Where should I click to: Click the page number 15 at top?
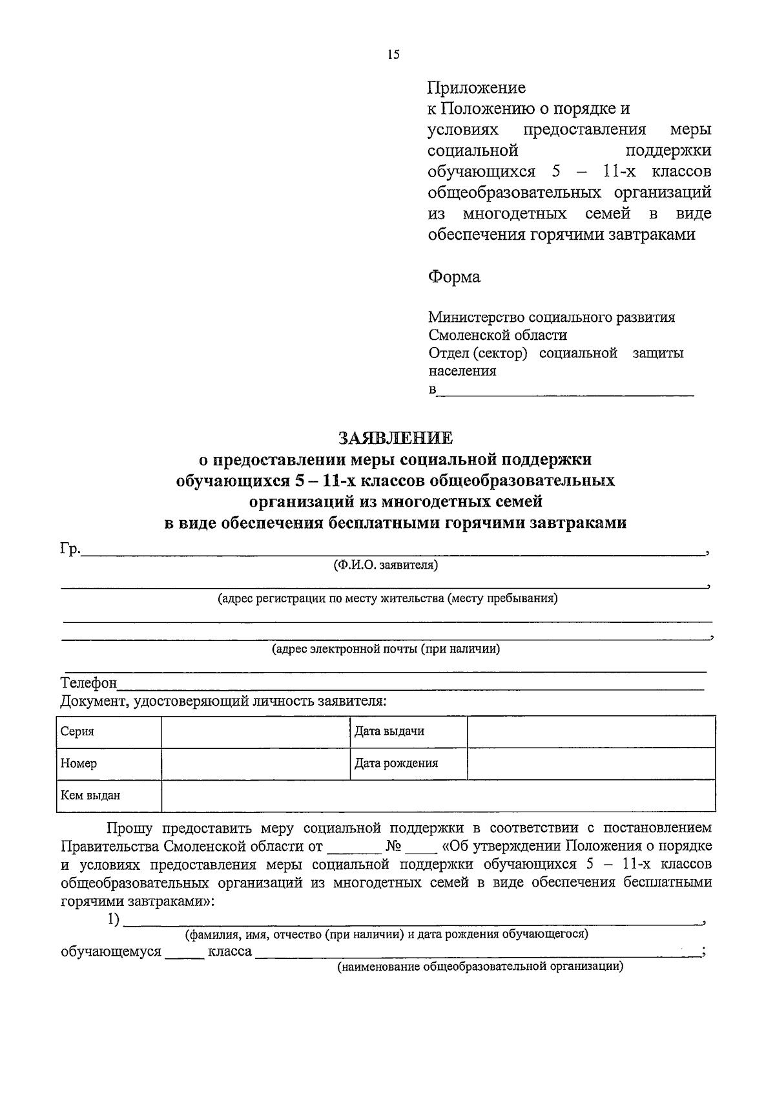tap(393, 54)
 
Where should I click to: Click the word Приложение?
tap(477, 88)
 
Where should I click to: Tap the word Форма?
tap(454, 277)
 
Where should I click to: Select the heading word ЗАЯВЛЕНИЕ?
tap(396, 438)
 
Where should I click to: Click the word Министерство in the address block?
tap(476, 317)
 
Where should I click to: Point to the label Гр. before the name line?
tap(70, 549)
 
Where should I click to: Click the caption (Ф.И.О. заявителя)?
tap(385, 565)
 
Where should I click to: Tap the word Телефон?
tap(88, 683)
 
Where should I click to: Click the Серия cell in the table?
tap(77, 731)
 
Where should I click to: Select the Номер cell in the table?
tap(79, 763)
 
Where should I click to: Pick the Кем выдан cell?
tap(90, 795)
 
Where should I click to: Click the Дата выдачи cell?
tap(389, 731)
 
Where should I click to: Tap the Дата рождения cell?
tap(396, 763)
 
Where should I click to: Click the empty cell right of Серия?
tap(255, 731)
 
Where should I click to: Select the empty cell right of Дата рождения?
tap(590, 763)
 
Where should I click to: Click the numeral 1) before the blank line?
tap(114, 920)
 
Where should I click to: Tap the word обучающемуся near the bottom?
tap(110, 952)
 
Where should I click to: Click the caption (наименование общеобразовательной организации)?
tap(479, 967)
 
